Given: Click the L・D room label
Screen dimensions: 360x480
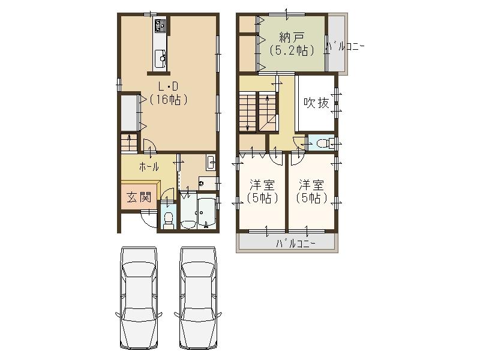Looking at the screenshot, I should point(168,86).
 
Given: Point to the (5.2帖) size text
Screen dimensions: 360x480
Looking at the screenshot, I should point(292,50).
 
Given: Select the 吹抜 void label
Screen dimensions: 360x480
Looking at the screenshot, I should point(316,103).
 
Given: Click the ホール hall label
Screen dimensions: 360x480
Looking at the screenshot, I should point(149,167).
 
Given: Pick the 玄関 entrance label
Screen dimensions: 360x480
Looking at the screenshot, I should point(139,197).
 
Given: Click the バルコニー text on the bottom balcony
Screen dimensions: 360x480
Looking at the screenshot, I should point(296,244).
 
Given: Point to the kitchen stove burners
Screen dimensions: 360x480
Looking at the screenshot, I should point(161,26).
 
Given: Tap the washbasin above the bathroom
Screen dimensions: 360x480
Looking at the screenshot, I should point(211,163).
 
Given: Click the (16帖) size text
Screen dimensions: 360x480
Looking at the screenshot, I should point(168,100).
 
